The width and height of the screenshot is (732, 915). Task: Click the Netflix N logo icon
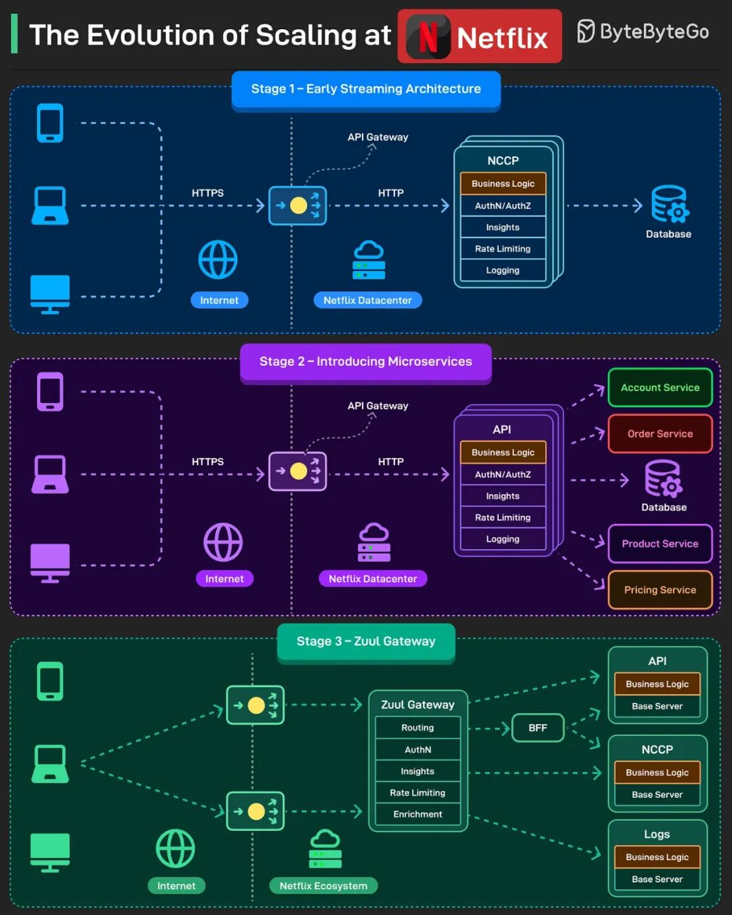(428, 36)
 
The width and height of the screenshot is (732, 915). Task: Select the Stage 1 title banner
(366, 89)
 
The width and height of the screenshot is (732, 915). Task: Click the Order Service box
(660, 434)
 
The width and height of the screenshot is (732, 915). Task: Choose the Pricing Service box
(660, 590)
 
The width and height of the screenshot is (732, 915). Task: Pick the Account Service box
(660, 387)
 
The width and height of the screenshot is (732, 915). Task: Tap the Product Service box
(660, 544)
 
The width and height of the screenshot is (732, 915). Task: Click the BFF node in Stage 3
(538, 727)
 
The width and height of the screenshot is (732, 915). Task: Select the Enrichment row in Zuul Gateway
(418, 814)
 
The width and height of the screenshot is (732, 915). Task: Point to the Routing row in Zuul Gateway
(418, 727)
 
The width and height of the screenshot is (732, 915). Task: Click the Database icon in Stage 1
(670, 204)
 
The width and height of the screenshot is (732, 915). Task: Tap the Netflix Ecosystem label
(323, 886)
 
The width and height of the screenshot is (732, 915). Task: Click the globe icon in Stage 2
(223, 542)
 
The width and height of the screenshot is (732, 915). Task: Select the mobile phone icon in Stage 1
(50, 123)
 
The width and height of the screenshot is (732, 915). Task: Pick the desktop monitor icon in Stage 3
(50, 853)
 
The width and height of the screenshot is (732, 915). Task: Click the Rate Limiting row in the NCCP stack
(503, 249)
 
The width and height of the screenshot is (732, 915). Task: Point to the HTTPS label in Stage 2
(207, 462)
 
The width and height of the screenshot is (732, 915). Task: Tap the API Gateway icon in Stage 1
(298, 206)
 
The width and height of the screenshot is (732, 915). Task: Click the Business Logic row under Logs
(657, 857)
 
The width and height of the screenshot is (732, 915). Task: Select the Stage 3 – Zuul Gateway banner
(366, 642)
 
